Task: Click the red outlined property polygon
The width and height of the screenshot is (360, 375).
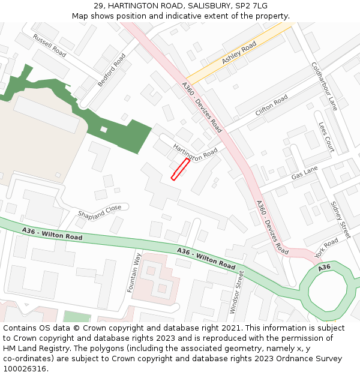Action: tap(181, 169)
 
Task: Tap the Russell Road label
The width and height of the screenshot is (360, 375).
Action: tap(49, 45)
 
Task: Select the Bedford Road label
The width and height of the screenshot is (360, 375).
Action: tap(112, 70)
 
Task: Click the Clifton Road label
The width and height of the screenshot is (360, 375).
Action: tap(272, 104)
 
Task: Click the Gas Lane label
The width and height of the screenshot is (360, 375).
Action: tap(304, 173)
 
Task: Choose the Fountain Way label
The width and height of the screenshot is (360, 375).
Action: tap(134, 273)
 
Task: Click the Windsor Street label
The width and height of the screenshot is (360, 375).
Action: tap(236, 292)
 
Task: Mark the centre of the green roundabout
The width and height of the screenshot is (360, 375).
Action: tap(328, 290)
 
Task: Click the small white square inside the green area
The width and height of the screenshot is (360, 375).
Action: tap(104, 129)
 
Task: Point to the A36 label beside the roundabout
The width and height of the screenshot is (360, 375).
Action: tap(324, 268)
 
